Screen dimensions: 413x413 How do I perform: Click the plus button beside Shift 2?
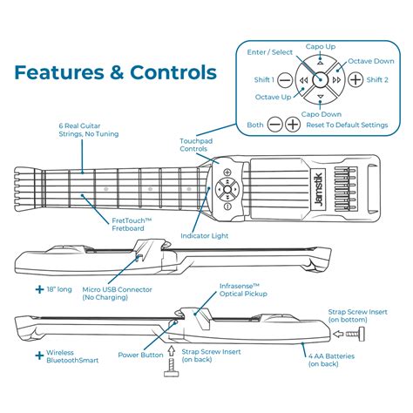[x=355, y=79]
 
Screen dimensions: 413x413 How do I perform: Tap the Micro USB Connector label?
[x=118, y=293]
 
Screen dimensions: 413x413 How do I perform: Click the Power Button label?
[x=142, y=355]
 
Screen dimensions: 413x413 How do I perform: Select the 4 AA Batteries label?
[x=335, y=359]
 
